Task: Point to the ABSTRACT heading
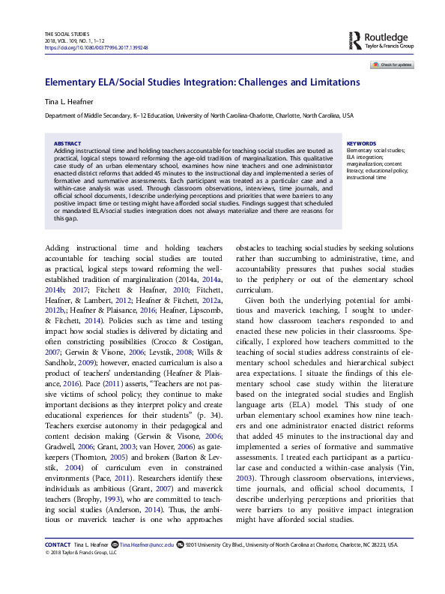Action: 68,143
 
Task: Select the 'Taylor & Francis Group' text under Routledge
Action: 390,45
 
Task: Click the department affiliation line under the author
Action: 199,116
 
